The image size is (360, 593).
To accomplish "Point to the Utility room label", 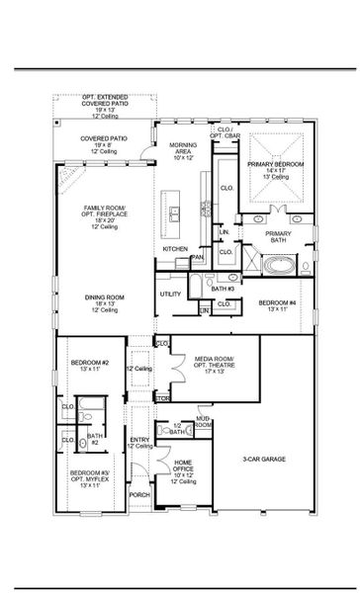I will pos(170,295).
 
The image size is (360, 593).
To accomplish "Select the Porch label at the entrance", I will pos(139,495).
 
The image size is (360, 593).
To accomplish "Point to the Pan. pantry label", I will pos(198,256).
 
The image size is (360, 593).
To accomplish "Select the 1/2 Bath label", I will pos(178,429).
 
